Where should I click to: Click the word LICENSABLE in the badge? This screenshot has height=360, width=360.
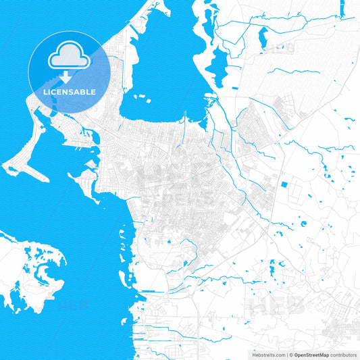coord(70,92)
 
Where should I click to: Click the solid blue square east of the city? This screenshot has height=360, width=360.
coord(284,184)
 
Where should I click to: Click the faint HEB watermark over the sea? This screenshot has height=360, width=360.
coord(73,305)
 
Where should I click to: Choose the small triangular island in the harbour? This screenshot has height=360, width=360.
coord(91,164)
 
